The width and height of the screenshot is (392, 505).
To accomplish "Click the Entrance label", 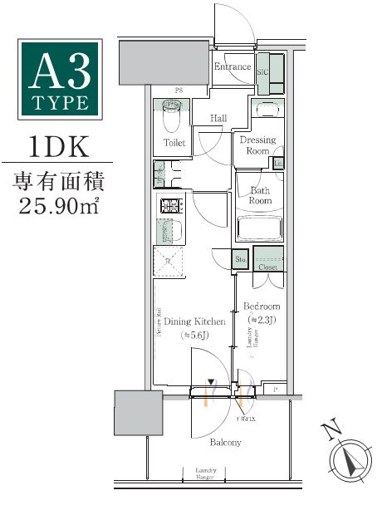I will [233, 66].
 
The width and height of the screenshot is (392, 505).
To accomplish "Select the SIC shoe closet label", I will [263, 73].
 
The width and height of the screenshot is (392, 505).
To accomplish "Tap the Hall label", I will [218, 119].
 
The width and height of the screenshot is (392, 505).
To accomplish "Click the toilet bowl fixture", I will [172, 116].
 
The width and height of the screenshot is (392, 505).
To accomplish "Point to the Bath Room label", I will [261, 195].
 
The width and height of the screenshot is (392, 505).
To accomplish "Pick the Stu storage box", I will [240, 260].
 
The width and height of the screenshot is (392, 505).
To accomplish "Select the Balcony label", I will [225, 443].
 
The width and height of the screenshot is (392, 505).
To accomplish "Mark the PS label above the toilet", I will [178, 90].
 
